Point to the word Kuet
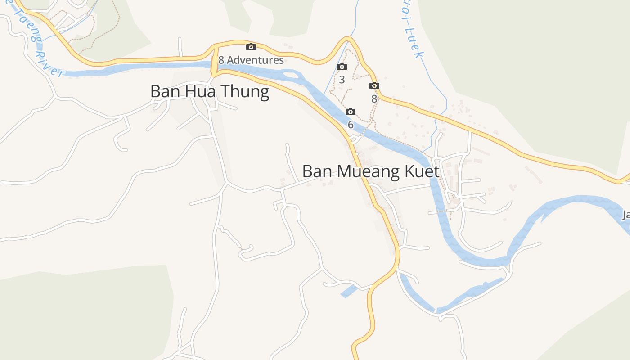pyautogui.click(x=423, y=172)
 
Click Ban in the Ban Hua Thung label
pyautogui.click(x=164, y=92)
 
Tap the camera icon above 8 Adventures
pyautogui.click(x=251, y=47)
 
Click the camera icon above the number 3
pyautogui.click(x=342, y=67)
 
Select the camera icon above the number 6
pyautogui.click(x=351, y=112)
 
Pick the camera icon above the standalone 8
pyautogui.click(x=374, y=85)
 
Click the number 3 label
pyautogui.click(x=342, y=80)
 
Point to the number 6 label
pyautogui.click(x=351, y=125)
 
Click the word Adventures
pyautogui.click(x=255, y=60)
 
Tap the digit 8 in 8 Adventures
pyautogui.click(x=221, y=60)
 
